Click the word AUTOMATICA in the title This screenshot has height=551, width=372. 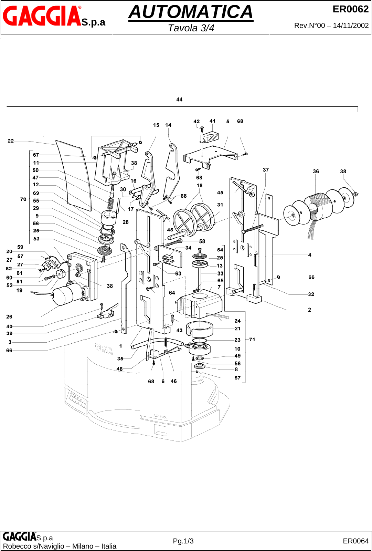[191, 12]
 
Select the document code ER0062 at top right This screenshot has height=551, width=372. [350, 9]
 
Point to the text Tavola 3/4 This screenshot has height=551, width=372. [191, 28]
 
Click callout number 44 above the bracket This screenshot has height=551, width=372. [179, 100]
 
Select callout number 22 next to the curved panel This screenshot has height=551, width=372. [11, 141]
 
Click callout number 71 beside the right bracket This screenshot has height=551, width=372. [252, 340]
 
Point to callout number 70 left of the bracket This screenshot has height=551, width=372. [23, 199]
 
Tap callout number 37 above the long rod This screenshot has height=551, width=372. [266, 170]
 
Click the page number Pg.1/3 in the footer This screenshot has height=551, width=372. [183, 541]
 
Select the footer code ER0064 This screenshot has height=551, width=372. [355, 541]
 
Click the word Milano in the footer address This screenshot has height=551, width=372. [85, 546]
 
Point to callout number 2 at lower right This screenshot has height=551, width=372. [309, 310]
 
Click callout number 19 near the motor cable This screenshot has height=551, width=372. [19, 290]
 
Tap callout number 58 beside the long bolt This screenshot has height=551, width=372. [202, 241]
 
